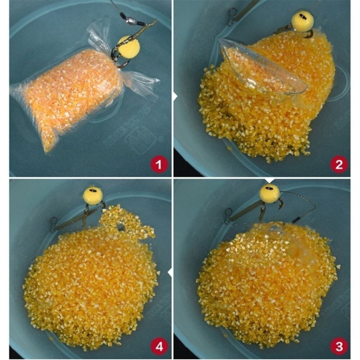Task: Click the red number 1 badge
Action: (159, 165)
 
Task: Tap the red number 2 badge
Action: (338, 165)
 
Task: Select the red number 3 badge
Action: (338, 347)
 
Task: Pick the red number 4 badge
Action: (159, 347)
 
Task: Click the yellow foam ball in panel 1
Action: (129, 48)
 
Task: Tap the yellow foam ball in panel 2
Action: (302, 21)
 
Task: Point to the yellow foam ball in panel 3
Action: (270, 193)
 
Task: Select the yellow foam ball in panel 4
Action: (93, 196)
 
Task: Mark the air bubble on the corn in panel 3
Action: (276, 230)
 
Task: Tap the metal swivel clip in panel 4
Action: (54, 224)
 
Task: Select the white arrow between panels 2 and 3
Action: (269, 180)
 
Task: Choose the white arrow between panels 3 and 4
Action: (170, 273)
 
